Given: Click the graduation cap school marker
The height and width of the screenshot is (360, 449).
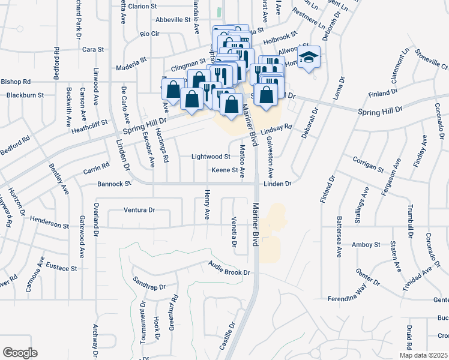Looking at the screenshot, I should point(309,57).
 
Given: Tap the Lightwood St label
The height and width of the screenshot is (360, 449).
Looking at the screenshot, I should point(211,157).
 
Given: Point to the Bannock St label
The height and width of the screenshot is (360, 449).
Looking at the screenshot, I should point(115,184).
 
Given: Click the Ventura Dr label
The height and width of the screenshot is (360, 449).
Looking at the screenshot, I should point(139,210).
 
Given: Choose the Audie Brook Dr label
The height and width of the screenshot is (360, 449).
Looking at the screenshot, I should point(229,268).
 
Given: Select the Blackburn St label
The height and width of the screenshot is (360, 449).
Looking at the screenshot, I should point(25,95).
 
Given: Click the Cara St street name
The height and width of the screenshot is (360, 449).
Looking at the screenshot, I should point(93,49).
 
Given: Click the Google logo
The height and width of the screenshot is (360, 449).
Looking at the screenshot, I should point(20,353).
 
